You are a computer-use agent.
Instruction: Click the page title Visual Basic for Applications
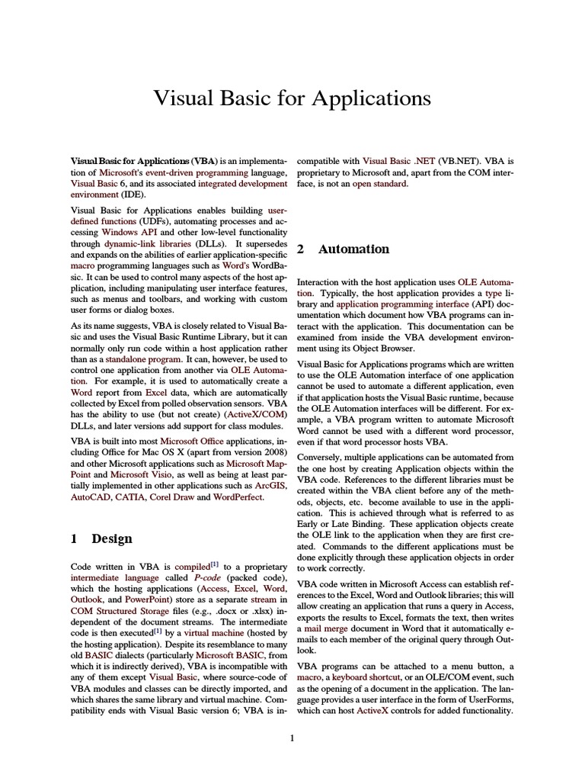click(292, 98)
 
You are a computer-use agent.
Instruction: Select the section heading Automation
click(353, 249)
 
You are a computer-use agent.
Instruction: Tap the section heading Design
click(112, 538)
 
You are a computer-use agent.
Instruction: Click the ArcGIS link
click(270, 485)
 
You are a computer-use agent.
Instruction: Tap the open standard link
click(380, 184)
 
